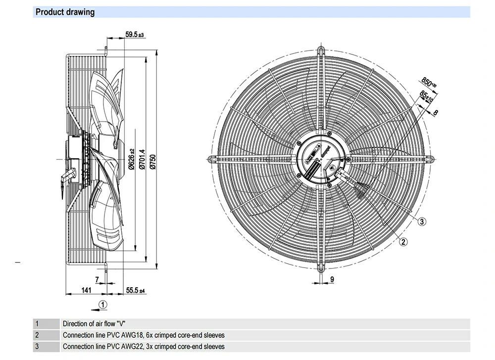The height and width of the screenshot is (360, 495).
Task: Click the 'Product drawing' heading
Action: (x=65, y=12)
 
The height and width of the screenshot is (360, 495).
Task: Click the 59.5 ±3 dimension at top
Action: (x=134, y=35)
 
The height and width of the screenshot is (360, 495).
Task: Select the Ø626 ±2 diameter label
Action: (x=132, y=159)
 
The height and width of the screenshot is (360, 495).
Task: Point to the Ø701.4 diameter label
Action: (x=143, y=159)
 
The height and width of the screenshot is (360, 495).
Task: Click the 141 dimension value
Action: (x=86, y=290)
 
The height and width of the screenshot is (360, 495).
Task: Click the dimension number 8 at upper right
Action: (x=436, y=113)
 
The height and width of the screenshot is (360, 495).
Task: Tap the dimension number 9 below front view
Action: (x=332, y=280)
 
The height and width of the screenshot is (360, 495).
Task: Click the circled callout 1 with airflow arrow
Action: (x=102, y=304)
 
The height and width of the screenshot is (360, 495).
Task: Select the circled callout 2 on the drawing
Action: (x=403, y=241)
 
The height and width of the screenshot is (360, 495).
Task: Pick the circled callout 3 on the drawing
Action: (x=422, y=222)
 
